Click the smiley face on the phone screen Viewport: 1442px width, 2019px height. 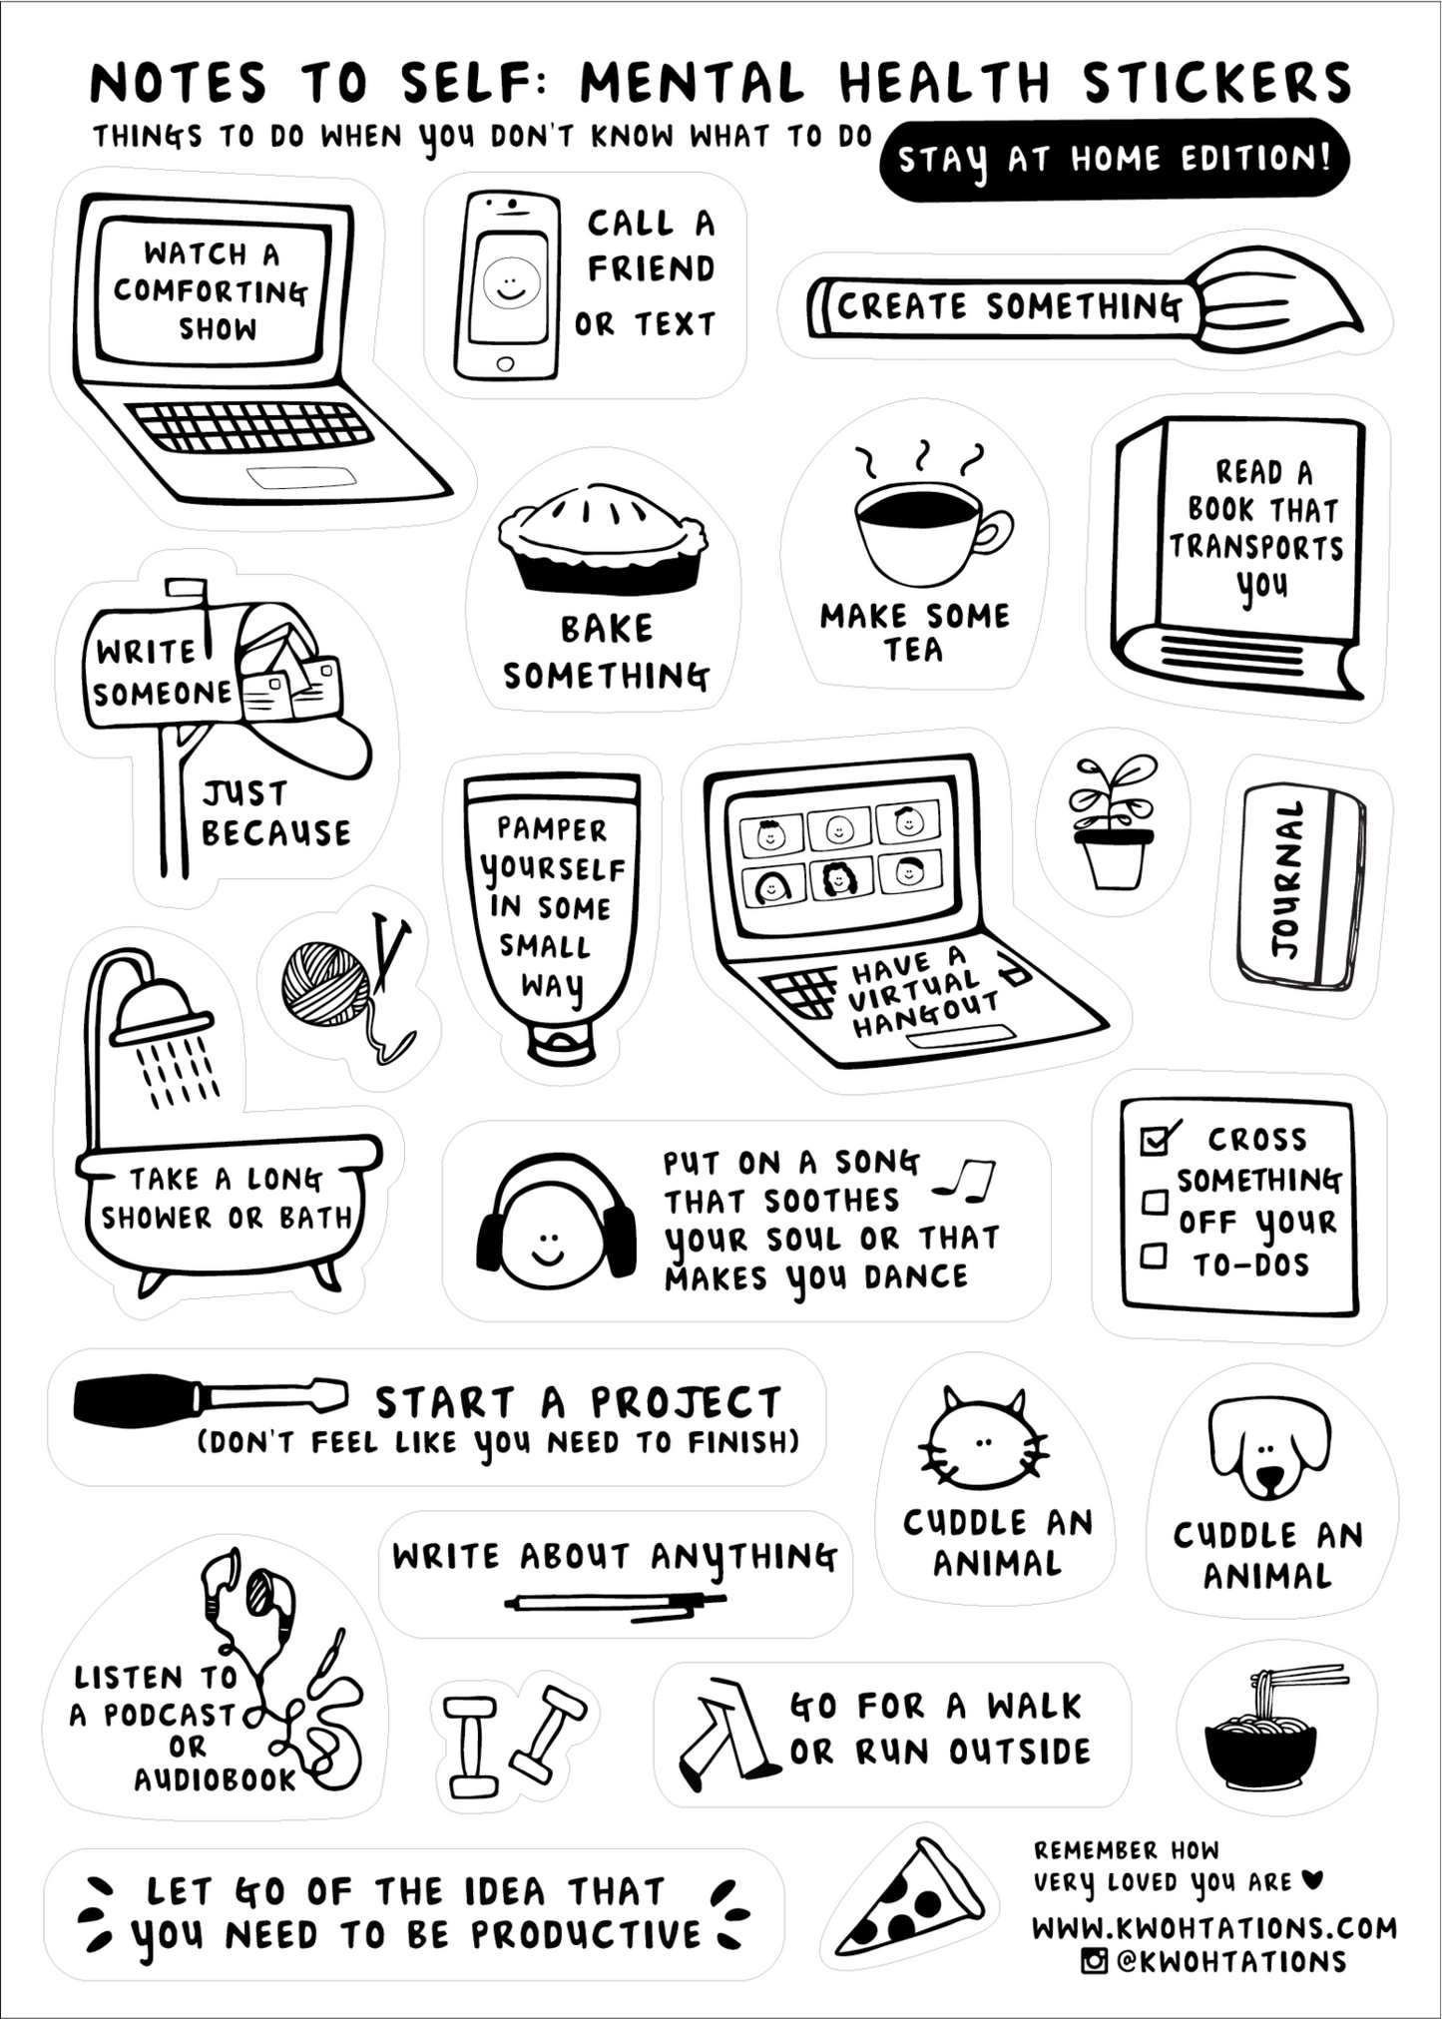511,281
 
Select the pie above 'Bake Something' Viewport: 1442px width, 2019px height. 604,539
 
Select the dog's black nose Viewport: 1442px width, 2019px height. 1268,1479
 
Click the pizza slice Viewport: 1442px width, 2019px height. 909,1901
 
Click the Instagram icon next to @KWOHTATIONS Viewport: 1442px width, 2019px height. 1095,1960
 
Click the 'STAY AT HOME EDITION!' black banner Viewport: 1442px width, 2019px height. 1114,160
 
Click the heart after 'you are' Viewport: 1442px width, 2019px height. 1313,1880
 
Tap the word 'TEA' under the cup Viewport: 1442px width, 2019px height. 912,650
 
